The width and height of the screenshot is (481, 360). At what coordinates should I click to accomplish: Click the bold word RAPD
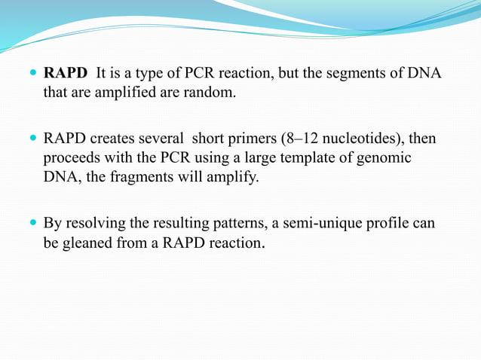[66, 75]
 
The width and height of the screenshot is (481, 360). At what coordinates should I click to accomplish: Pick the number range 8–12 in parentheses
[300, 140]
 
